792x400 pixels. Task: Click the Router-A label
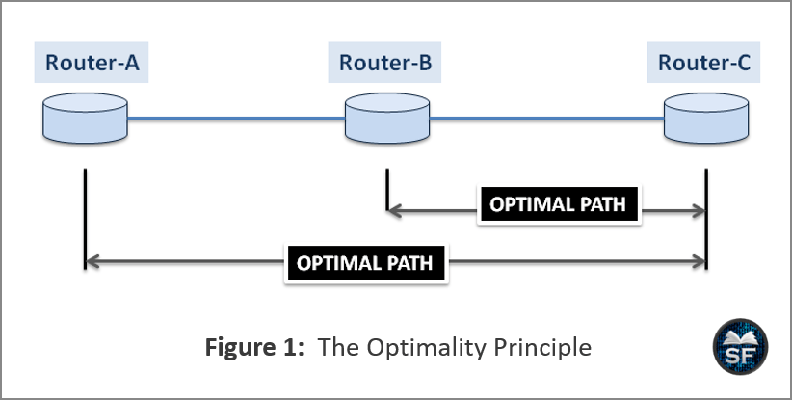pos(92,63)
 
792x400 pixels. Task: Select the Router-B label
pos(384,63)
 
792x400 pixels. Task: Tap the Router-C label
pos(704,63)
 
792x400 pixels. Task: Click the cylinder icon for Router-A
pos(85,118)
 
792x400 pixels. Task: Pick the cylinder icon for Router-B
pos(387,118)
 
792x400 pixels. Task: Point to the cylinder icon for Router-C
pos(706,118)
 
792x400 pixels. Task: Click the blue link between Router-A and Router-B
pos(236,119)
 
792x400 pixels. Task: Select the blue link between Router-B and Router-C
pos(547,119)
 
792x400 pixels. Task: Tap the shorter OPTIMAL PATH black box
pos(559,204)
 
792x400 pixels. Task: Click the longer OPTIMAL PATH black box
pos(366,263)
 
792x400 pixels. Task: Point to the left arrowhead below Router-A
pos(92,261)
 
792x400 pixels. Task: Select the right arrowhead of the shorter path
pos(699,210)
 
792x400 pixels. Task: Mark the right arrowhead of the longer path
pos(699,261)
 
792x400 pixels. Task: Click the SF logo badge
pos(741,347)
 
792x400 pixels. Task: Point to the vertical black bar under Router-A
pos(86,218)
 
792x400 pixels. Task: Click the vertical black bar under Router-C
pos(706,218)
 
